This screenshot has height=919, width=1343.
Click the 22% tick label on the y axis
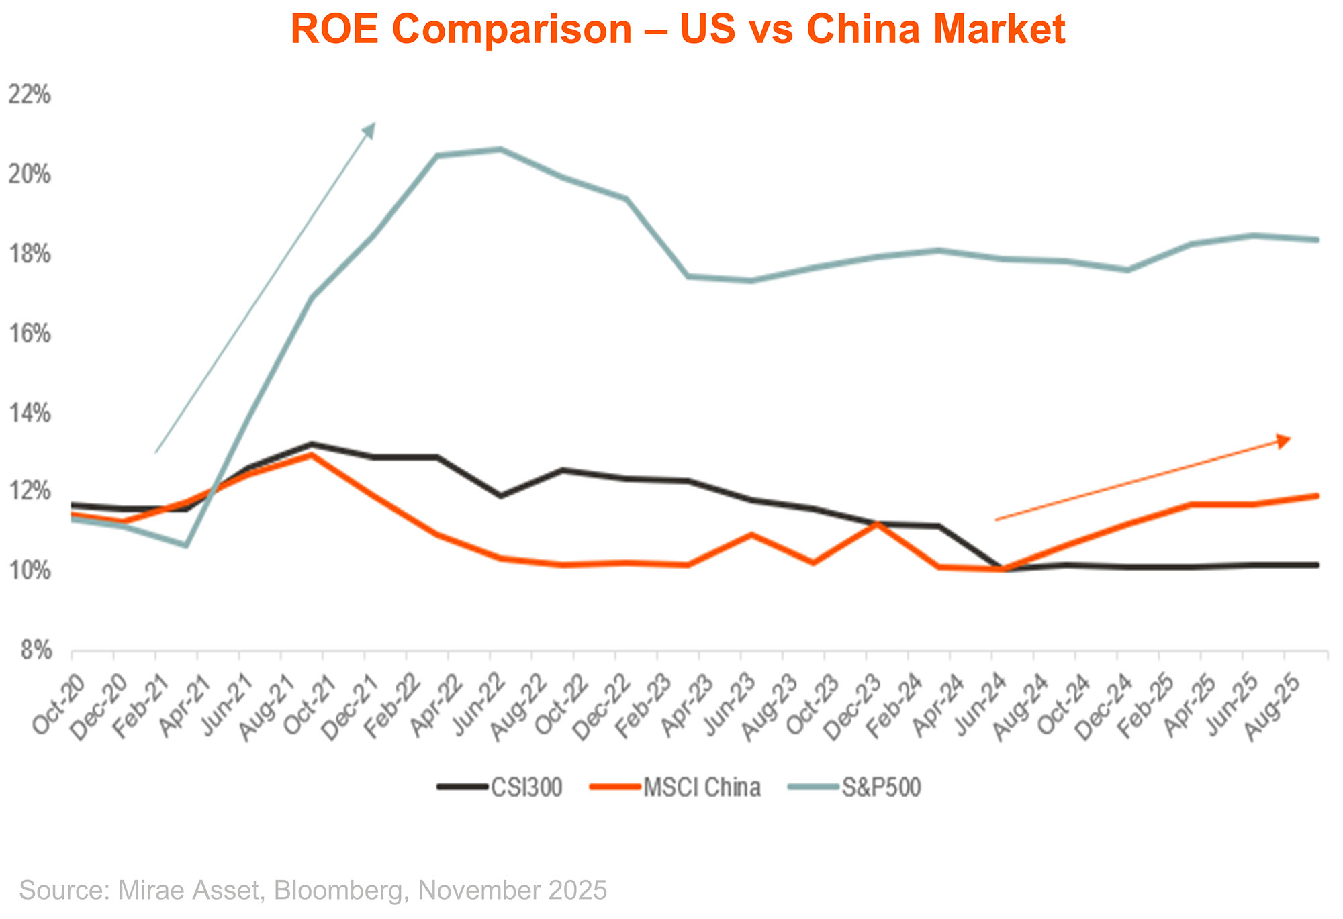(29, 95)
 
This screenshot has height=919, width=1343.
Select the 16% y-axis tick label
(29, 334)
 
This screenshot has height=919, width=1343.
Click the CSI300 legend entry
(526, 787)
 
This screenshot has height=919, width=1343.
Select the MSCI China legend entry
(701, 787)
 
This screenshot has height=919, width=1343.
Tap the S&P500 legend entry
(881, 787)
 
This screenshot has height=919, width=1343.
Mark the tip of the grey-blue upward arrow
(374, 124)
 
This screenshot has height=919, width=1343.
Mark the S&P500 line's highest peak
(500, 149)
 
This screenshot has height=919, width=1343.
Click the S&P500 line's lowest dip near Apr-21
(186, 545)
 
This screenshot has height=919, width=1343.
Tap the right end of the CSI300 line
(1317, 565)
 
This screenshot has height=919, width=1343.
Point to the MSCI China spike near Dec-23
(876, 524)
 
